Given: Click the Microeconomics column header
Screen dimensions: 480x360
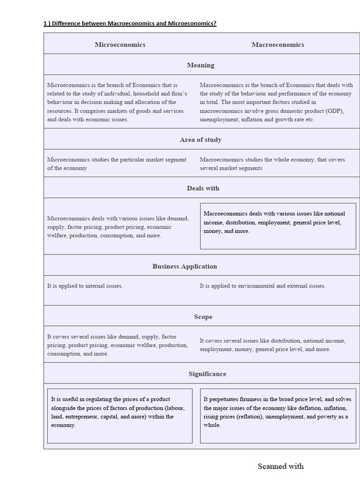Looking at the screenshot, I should tap(120, 45).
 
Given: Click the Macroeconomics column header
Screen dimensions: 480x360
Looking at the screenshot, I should tap(277, 45).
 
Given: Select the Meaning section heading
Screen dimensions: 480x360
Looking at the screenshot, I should tap(201, 65).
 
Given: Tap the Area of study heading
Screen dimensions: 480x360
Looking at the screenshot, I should tap(201, 140).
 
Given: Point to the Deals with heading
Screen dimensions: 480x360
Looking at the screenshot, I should tap(203, 188).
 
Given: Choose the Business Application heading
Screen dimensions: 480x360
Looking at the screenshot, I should tap(185, 266).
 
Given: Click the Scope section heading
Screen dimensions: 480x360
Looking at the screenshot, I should tap(203, 317).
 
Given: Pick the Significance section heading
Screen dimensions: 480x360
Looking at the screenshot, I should tap(207, 374).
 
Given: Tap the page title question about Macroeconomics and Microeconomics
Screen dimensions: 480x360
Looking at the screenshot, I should tap(130, 23).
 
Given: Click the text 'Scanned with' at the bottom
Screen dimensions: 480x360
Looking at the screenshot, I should tap(280, 466).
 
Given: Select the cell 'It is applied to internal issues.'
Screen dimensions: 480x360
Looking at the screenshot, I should tap(85, 285).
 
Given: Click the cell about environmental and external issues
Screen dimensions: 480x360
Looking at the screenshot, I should tap(262, 285).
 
